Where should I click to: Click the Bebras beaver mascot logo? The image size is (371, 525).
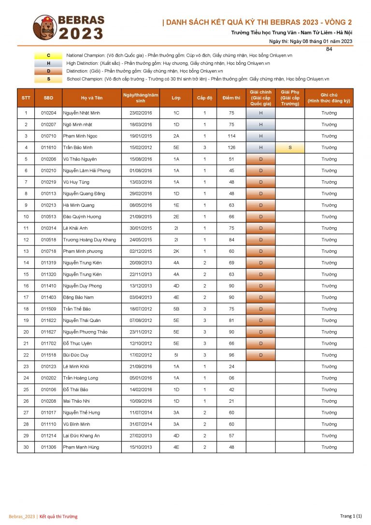44,28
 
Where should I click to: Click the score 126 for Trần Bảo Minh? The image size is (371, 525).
231,147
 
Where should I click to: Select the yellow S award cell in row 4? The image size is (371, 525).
290,147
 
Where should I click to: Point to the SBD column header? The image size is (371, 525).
48,98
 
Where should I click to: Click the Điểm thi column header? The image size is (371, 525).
231,98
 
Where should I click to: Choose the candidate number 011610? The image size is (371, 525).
48,147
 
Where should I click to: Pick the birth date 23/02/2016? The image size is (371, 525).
141,113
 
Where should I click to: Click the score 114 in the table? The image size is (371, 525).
231,136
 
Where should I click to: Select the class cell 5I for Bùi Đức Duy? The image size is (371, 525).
176,355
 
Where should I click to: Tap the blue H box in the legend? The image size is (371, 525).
48,63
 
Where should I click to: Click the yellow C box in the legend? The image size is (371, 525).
48,56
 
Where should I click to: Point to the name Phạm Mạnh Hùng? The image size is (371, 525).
81,447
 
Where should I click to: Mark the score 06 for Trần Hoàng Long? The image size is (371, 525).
231,378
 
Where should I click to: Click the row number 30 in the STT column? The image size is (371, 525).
26,447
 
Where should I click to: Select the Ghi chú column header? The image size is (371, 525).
329,98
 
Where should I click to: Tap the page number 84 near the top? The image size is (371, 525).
329,49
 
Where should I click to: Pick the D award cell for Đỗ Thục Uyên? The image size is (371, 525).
261,343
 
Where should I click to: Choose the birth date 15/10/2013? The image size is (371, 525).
141,447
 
